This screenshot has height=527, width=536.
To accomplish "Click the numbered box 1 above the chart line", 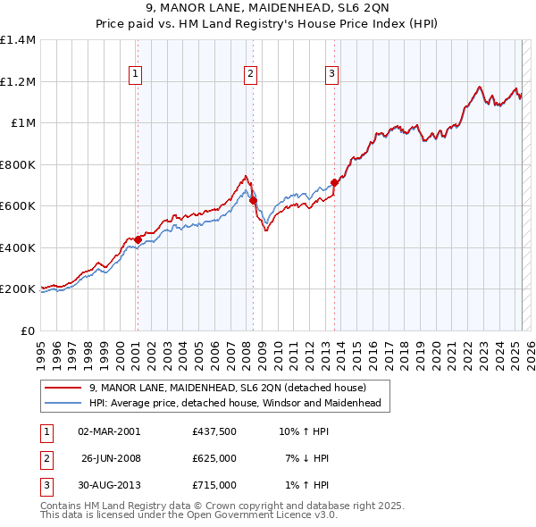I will (136, 74).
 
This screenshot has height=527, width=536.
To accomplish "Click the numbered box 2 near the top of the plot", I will (250, 74).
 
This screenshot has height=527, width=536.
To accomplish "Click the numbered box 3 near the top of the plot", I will (331, 74).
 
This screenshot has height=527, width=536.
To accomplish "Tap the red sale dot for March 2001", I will (138, 239).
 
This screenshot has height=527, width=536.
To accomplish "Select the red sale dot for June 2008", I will (253, 201).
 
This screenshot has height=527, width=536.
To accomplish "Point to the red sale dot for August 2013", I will (335, 182).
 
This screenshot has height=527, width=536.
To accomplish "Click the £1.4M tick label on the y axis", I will (18, 40).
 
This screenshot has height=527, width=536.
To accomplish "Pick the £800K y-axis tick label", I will (18, 164).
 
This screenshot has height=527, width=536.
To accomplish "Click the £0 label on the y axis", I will (28, 330).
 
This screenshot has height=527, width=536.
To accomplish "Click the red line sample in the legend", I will (63, 388).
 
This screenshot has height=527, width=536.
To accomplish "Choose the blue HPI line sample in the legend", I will (63, 404).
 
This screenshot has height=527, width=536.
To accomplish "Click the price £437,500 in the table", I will (214, 431).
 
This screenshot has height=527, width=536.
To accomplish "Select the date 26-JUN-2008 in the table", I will (110, 458).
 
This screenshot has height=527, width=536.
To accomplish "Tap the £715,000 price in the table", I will (214, 485).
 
